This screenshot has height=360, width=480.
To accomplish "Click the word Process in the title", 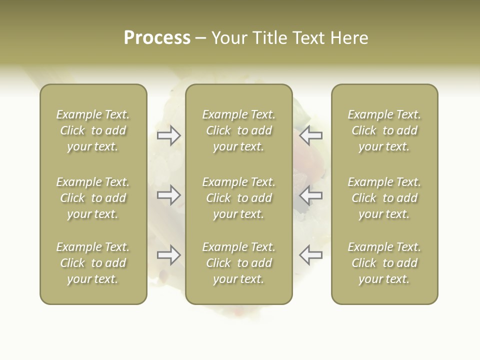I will click(x=157, y=38).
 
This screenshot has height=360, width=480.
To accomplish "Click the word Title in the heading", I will click(x=268, y=38).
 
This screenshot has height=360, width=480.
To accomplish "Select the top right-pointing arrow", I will click(x=169, y=135).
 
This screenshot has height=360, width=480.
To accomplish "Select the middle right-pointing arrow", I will click(x=169, y=195).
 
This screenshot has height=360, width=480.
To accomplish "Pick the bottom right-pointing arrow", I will click(x=169, y=255).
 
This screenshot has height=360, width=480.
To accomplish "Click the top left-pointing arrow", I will click(x=310, y=135).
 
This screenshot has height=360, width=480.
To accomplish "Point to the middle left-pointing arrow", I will click(x=310, y=195).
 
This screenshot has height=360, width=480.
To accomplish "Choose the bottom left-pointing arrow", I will click(x=310, y=255).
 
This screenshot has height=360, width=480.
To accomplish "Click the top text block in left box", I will click(x=93, y=130).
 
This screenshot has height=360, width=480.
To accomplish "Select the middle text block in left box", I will click(x=93, y=198).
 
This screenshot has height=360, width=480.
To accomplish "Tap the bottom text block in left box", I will click(x=93, y=263).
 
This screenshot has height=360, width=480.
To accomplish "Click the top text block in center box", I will click(x=239, y=130).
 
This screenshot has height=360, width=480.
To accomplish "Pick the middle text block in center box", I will click(x=239, y=198).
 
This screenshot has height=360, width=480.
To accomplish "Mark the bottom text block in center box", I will click(x=239, y=263).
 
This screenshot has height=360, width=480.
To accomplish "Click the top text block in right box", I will click(x=384, y=130).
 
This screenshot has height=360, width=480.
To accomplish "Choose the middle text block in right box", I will click(x=384, y=198).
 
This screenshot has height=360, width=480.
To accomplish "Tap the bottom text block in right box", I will click(x=384, y=263).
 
